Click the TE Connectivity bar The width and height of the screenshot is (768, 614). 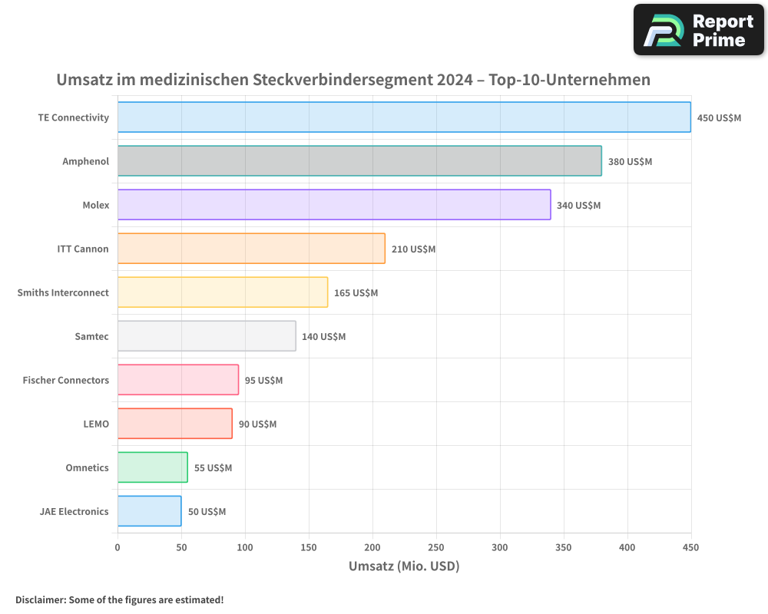click(x=404, y=117)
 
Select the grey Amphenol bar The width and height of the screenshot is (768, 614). click(x=359, y=161)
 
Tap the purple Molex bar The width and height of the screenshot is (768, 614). click(x=334, y=205)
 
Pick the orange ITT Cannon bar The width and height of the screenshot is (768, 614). click(x=251, y=249)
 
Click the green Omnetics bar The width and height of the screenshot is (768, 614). click(x=152, y=467)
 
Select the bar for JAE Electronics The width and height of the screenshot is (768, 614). click(x=149, y=511)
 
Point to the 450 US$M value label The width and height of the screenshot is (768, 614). click(x=719, y=118)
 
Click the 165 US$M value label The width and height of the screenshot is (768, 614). click(x=356, y=293)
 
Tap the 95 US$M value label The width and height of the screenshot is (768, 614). click(x=263, y=381)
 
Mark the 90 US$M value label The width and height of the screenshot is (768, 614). click(x=257, y=424)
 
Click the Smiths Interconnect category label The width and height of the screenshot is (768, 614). click(x=63, y=292)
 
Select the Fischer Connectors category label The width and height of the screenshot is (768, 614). click(x=66, y=380)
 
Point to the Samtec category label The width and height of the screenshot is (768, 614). click(x=92, y=336)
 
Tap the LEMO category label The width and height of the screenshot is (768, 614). click(x=96, y=424)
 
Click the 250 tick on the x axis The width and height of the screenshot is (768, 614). click(x=436, y=547)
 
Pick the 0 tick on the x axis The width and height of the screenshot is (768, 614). click(x=118, y=547)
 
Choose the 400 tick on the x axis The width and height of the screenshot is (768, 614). click(x=627, y=547)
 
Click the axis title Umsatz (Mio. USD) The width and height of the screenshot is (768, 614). click(x=404, y=566)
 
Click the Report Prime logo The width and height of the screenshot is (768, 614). click(x=698, y=30)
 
